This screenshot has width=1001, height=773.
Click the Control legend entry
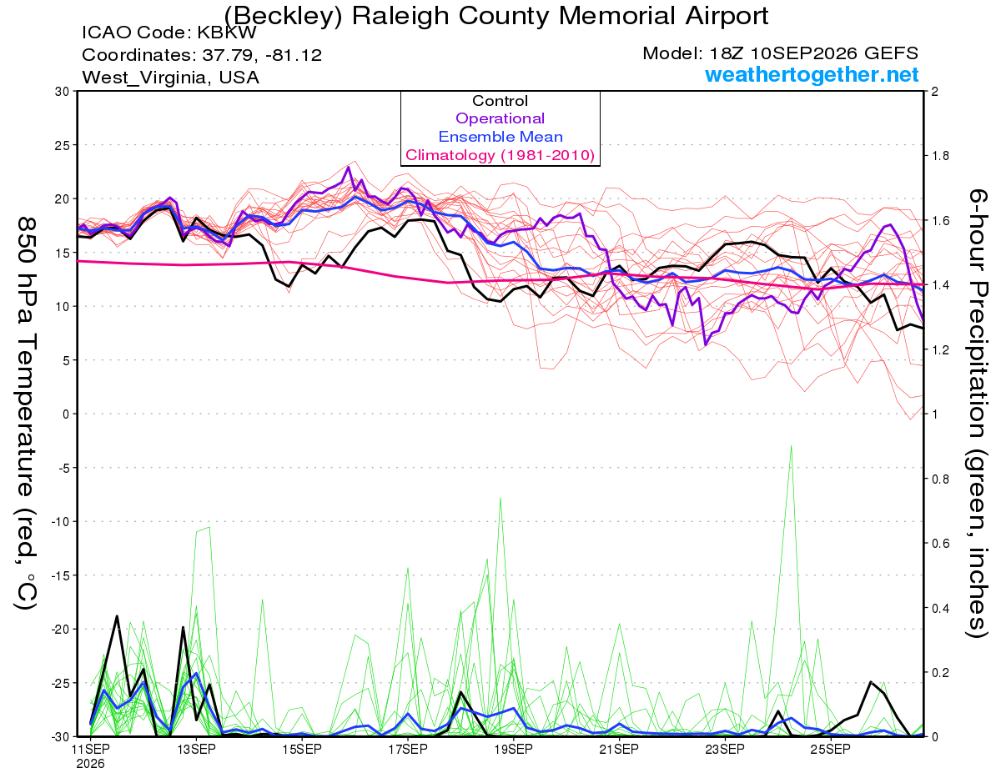pyautogui.click(x=500, y=101)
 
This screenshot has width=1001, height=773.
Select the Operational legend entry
pyautogui.click(x=500, y=118)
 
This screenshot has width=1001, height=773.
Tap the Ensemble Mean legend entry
pyautogui.click(x=500, y=137)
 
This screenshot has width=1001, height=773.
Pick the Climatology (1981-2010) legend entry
pyautogui.click(x=500, y=155)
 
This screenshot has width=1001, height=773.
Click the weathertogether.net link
pyautogui.click(x=812, y=74)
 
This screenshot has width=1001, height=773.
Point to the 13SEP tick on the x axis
pyautogui.click(x=196, y=749)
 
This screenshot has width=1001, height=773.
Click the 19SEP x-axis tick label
pyautogui.click(x=514, y=749)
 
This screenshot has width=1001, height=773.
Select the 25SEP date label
pyautogui.click(x=831, y=749)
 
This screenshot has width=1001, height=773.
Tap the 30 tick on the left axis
pyautogui.click(x=63, y=92)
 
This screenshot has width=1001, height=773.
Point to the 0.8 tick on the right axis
pyautogui.click(x=938, y=479)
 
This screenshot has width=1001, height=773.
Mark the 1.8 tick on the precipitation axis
pyautogui.click(x=938, y=156)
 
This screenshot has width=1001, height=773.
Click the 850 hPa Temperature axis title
pyautogui.click(x=26, y=414)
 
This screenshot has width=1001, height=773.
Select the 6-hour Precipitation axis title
pyautogui.click(x=977, y=413)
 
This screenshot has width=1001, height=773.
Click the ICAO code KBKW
pyautogui.click(x=227, y=33)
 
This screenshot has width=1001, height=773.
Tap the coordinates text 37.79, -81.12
pyautogui.click(x=262, y=55)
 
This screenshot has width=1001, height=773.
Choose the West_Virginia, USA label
pyautogui.click(x=170, y=78)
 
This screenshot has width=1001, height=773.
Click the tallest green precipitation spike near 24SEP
pyautogui.click(x=791, y=446)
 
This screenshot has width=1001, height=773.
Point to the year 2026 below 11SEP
pyautogui.click(x=90, y=764)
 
